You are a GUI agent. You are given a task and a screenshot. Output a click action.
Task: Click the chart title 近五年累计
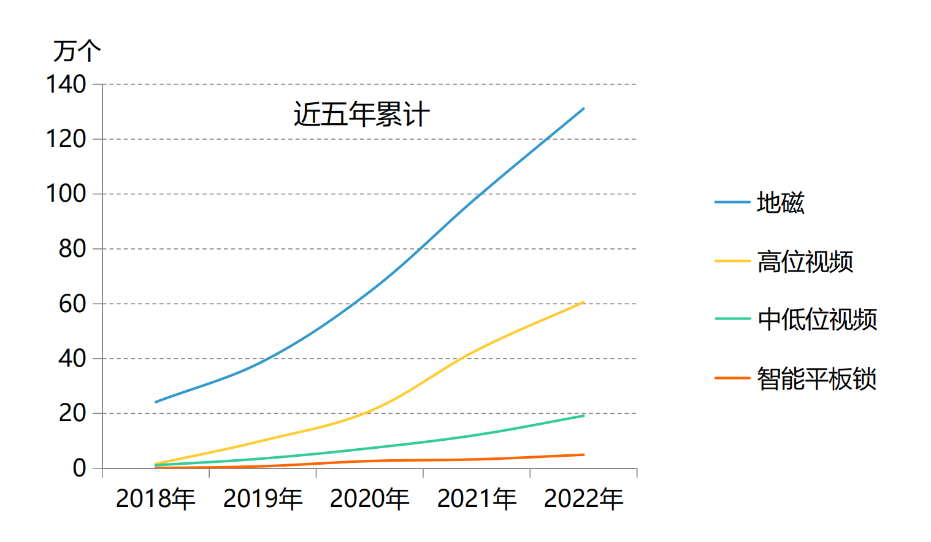361,115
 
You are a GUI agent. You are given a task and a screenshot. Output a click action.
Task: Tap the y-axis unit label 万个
77,51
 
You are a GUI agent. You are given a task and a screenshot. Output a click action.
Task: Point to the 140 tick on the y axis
66,85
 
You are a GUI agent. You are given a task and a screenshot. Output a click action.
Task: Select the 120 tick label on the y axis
66,139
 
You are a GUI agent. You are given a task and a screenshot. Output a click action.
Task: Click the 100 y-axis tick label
66,194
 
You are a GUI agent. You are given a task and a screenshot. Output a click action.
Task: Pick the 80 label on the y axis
72,249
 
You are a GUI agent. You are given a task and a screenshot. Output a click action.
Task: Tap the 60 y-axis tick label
72,303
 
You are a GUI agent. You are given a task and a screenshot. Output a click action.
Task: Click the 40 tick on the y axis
72,358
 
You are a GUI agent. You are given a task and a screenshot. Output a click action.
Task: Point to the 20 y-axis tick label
72,413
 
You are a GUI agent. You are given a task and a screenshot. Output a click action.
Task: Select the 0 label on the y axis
79,468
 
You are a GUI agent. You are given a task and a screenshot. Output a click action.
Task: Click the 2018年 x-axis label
156,498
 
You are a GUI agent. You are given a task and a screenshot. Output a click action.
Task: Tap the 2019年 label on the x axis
262,498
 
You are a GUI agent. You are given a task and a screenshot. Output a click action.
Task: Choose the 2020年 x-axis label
369,498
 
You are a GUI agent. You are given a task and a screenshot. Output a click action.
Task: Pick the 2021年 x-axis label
477,498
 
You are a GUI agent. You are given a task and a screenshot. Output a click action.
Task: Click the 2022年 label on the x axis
583,498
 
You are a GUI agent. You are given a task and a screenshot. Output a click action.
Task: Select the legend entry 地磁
780,202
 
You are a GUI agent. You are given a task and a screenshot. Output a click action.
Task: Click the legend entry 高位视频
805,261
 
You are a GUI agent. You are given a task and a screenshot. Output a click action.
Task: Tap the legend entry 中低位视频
817,319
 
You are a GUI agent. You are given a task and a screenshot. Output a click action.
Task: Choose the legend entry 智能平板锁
816,378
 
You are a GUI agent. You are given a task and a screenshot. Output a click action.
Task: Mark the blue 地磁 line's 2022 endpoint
583,109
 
